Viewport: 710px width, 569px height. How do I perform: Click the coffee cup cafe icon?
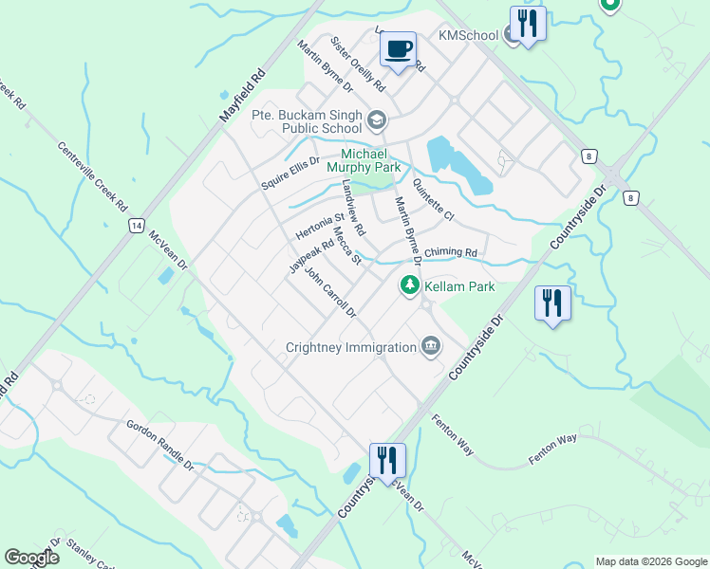[x=399, y=48]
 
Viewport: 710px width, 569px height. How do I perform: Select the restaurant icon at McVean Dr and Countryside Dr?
[x=387, y=461]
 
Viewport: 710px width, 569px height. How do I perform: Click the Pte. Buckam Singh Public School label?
[x=307, y=121]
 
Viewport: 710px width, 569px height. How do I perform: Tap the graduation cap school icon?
[x=377, y=120]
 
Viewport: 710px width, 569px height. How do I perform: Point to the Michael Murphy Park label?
[x=370, y=160]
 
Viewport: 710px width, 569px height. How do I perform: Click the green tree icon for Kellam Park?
[x=410, y=284]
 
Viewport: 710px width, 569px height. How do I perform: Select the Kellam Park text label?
[x=460, y=285]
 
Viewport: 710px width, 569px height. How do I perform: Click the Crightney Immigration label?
[x=351, y=347]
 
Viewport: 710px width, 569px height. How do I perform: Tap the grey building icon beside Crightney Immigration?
[x=430, y=346]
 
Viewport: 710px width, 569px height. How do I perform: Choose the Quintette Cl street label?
[x=434, y=201]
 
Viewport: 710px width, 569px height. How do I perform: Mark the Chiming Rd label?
[x=450, y=252]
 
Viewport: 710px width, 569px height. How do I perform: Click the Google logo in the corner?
[x=32, y=558]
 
